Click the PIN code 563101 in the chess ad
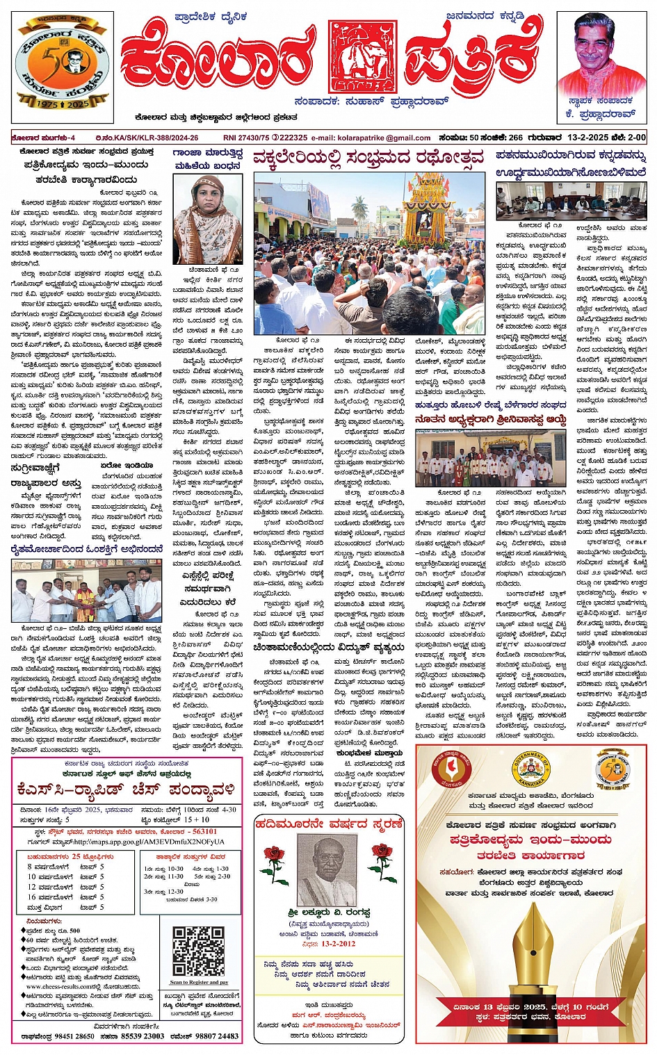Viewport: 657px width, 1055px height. pos(205,831)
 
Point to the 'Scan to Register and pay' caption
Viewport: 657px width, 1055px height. pos(199,982)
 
